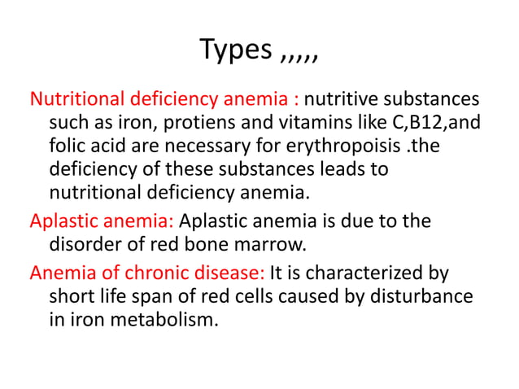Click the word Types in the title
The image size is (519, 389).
pos(235,50)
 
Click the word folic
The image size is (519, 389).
pos(70,147)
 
